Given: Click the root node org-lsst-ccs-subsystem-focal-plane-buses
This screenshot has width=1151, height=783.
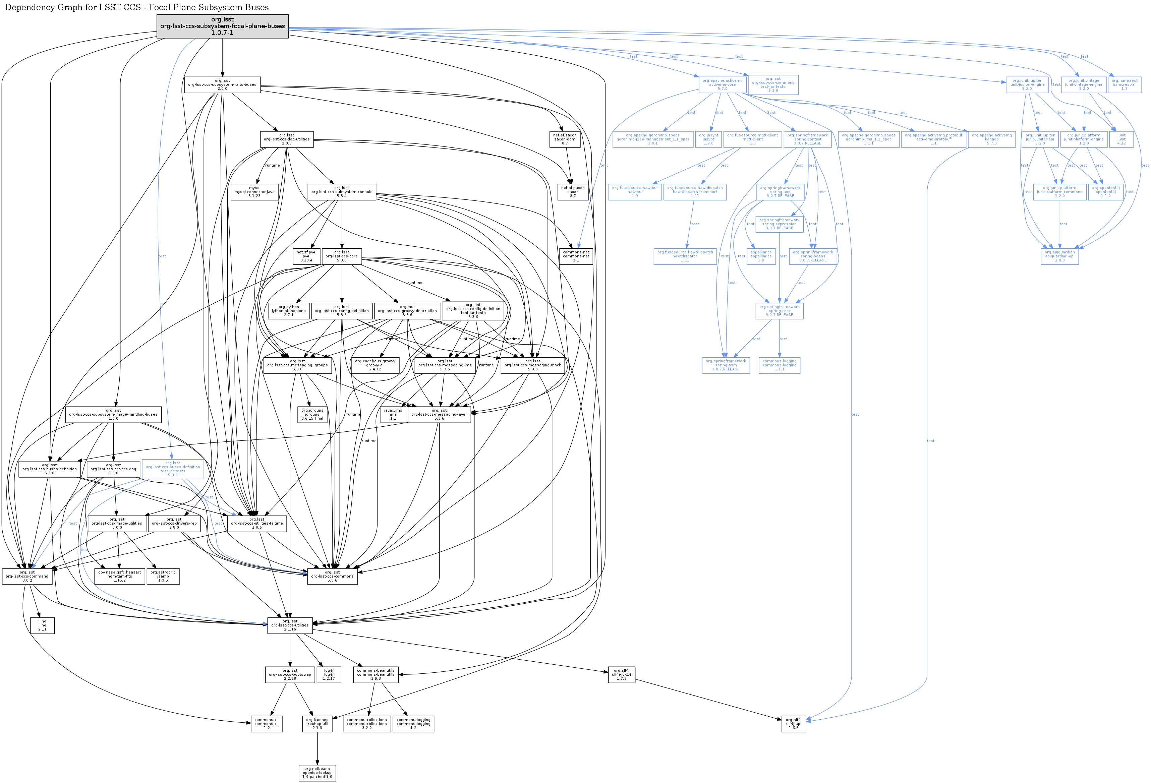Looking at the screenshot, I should coord(222,26).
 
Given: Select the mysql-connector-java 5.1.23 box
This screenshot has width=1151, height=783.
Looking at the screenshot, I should coord(254,192).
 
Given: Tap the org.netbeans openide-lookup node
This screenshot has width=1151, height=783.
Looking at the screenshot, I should coord(318,773).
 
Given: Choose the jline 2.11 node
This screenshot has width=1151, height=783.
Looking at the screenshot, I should coord(42,625).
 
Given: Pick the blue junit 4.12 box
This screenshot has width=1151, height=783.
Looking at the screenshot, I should coord(1121,139).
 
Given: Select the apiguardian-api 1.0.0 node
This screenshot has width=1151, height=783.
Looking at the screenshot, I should coord(1059,256).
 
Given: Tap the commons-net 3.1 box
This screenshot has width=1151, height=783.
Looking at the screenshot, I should coord(576,256).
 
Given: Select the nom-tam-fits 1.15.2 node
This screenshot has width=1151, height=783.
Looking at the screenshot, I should coord(120,576).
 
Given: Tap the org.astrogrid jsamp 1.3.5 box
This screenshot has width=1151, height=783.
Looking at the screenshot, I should coord(163,576).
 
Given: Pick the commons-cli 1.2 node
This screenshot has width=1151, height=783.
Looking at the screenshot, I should coord(267,724).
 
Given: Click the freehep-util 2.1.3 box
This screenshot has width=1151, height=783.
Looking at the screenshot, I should coord(318,724).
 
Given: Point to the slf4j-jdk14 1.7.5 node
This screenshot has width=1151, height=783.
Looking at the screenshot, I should coord(622,674).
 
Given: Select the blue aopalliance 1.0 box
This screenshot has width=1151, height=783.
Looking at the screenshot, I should coord(761,256).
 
